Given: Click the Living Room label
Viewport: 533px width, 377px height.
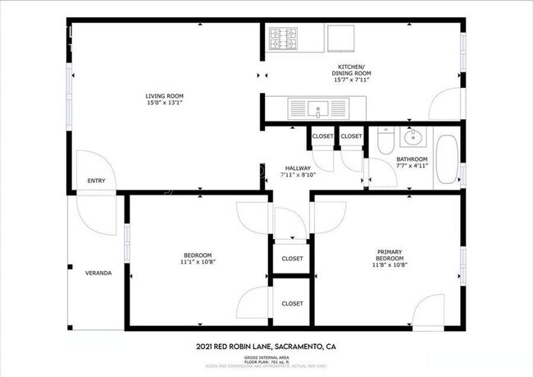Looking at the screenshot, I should [x=158, y=95].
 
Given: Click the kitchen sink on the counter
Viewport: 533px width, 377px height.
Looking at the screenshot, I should [x=318, y=107].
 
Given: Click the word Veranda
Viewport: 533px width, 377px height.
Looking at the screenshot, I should [x=98, y=273].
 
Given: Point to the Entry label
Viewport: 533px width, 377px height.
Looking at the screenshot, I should [x=96, y=181].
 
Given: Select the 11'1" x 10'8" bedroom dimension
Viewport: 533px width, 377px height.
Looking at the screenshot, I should [x=198, y=262].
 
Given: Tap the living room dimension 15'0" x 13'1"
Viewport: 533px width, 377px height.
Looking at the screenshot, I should [x=158, y=103].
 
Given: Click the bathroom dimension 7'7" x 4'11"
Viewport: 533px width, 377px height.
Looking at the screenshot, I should [x=412, y=166].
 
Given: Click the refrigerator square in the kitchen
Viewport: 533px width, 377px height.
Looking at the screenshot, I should [x=341, y=38].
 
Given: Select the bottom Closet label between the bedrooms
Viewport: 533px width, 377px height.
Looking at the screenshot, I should [x=293, y=303].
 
